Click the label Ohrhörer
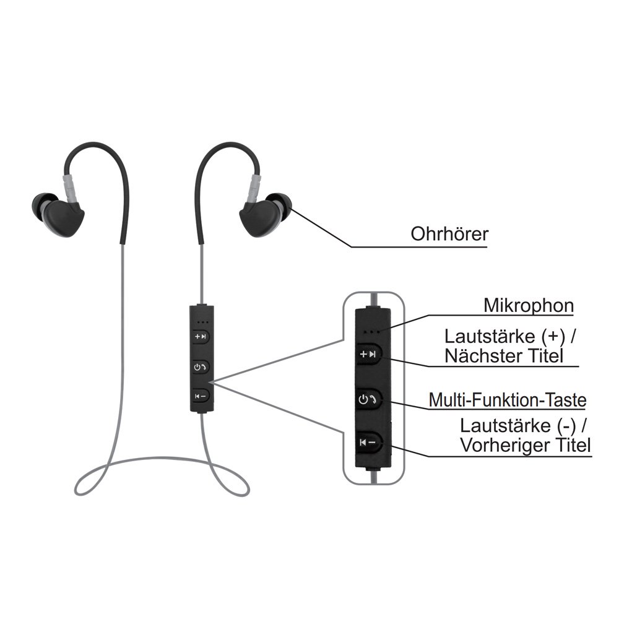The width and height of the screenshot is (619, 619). coord(449,235)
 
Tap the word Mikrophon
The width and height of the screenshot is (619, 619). coord(529,305)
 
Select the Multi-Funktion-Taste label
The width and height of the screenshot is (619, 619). coord(507,400)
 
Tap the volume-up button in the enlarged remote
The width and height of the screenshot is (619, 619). coord(370,355)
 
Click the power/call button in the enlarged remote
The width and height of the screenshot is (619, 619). coord(370,400)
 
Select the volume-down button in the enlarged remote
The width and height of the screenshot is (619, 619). coord(370,442)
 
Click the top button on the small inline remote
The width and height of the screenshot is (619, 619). coord(201,336)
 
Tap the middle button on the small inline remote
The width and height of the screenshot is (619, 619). coord(201,366)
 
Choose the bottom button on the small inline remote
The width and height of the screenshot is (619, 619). coord(201,396)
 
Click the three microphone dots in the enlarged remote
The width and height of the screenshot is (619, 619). coord(372,331)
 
